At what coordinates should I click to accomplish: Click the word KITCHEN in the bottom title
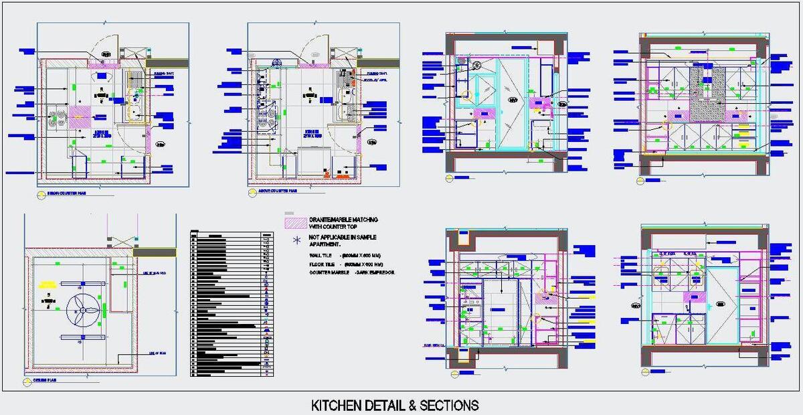click(335, 406)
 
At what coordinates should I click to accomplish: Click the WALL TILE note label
click(321, 256)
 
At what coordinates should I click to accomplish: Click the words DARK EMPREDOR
click(376, 273)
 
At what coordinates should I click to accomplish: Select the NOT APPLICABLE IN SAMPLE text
click(343, 238)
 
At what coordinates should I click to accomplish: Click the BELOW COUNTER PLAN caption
click(62, 193)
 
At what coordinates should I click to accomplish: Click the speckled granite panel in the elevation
click(708, 94)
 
